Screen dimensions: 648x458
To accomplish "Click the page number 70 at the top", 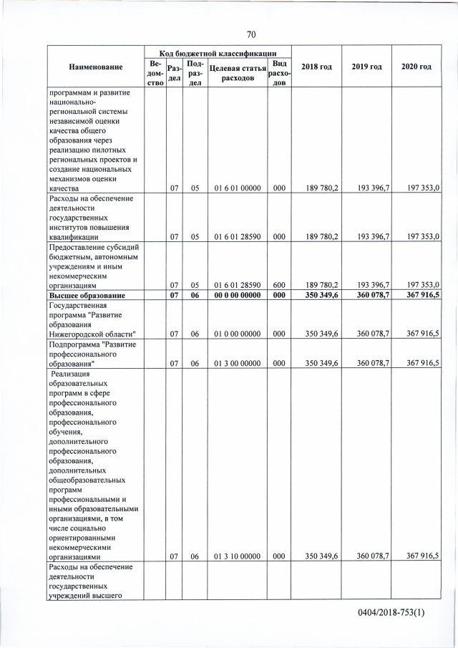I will [x=251, y=34].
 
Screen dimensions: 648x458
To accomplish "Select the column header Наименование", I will [x=96, y=67].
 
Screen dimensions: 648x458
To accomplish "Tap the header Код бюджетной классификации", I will [x=218, y=52].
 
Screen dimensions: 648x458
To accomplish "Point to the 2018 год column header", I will [x=316, y=67].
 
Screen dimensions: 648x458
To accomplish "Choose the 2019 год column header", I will [x=366, y=67].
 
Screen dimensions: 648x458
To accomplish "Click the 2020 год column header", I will [x=416, y=67].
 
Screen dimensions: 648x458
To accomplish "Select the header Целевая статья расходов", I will [x=237, y=72].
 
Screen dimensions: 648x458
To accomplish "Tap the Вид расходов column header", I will [x=278, y=72].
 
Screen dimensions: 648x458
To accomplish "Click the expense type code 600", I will [x=279, y=284].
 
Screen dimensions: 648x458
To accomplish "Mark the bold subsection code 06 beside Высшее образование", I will [x=195, y=295].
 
